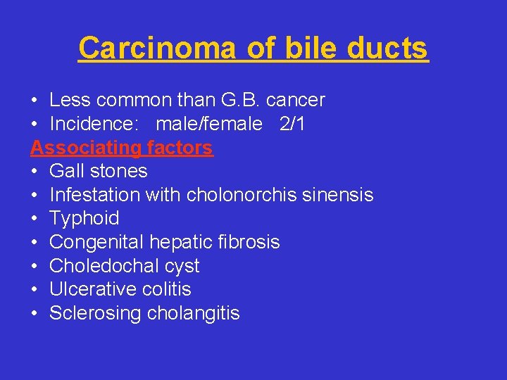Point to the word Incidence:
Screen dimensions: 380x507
95,124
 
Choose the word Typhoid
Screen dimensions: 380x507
84,218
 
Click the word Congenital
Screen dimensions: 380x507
96,242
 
